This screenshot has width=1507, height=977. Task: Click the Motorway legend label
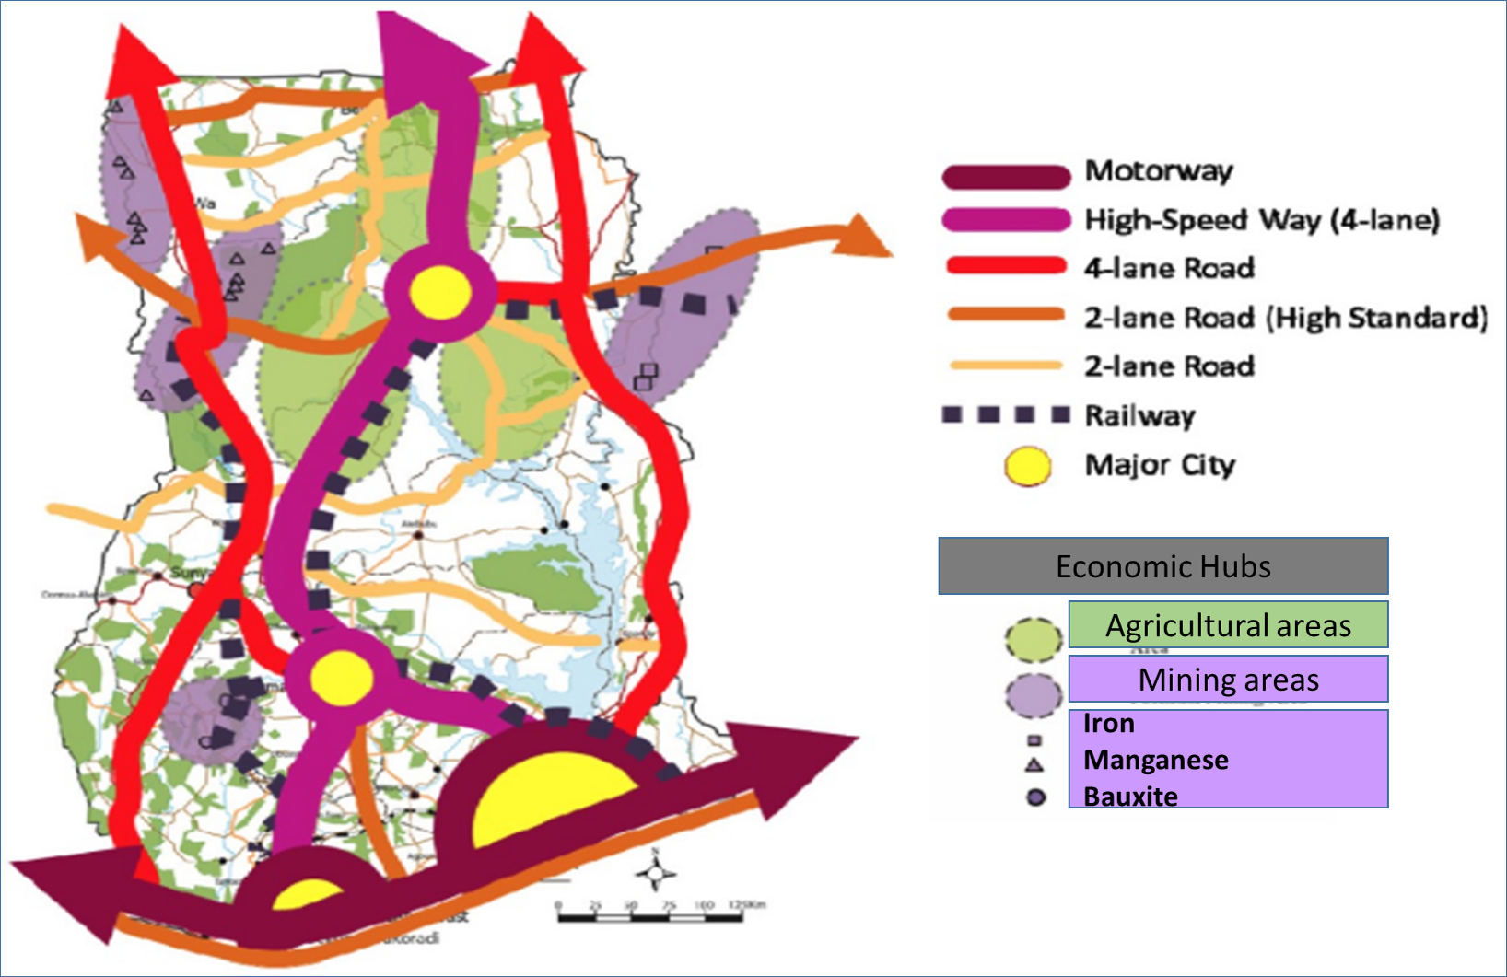pos(1158,171)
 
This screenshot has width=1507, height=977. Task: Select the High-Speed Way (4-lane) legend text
pos(1261,220)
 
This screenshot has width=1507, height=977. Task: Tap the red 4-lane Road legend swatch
pos(1006,267)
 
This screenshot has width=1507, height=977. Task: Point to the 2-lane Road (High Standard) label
pos(1285,318)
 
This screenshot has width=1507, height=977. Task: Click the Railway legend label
pos(1139,415)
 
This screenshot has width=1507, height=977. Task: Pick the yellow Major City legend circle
pos(1028,466)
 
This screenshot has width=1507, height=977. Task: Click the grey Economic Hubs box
pos(1162,566)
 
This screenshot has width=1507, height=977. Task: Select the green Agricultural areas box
pos(1228,625)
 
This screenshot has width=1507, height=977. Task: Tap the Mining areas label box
pos(1228,680)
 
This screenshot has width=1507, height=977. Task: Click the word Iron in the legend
pos(1108,724)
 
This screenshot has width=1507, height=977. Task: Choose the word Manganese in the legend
pos(1155,761)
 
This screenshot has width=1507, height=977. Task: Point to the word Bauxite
pos(1130,797)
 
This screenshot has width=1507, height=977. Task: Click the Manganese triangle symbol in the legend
pos(1034,764)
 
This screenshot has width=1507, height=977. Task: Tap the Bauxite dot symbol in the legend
pos(1035,797)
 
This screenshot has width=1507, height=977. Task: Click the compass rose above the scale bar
pos(656,873)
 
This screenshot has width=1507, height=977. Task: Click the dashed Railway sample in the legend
pos(1005,414)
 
